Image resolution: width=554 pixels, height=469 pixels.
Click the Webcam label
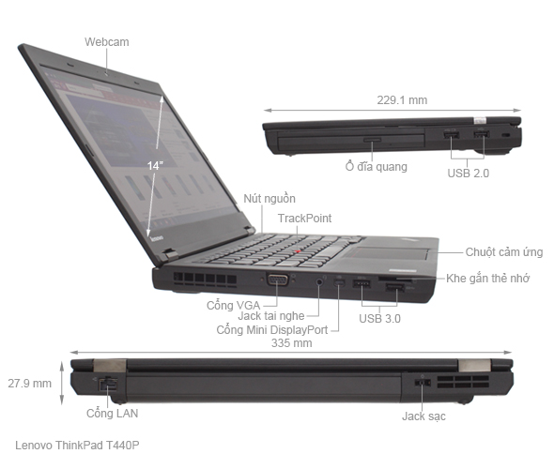point(105,41)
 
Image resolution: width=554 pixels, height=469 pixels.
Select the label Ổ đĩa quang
point(377,166)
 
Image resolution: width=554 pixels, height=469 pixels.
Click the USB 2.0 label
point(469,173)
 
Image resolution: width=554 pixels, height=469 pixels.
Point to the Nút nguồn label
point(269,199)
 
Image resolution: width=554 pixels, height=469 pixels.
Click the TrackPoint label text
point(304,219)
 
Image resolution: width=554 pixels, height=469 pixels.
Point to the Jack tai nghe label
point(274,316)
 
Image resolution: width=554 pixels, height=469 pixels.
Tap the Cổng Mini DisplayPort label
point(271,330)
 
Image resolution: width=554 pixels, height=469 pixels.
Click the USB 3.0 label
point(380,319)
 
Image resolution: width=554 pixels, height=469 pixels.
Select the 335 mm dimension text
point(291,343)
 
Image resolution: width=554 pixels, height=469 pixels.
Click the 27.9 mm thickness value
point(29,383)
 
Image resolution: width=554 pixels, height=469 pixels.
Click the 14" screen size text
point(155,165)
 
